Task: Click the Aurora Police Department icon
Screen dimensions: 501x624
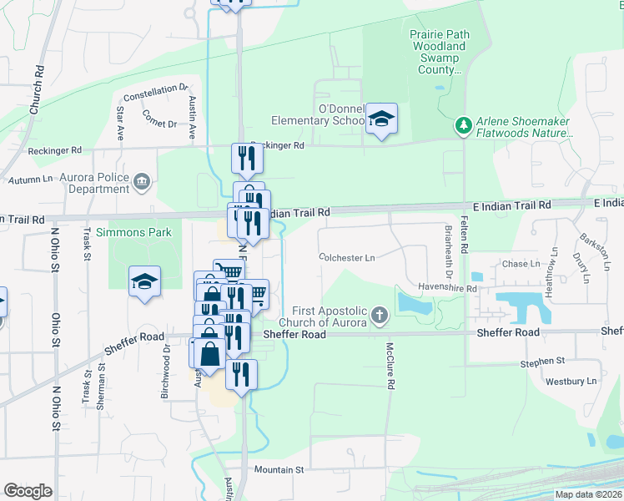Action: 142,180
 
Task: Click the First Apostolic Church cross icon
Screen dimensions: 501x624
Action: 380,315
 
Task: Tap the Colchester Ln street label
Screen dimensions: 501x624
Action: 346,258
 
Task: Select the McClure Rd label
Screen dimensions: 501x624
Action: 390,366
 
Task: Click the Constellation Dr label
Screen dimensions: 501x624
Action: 156,89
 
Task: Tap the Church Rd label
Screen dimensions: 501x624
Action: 38,89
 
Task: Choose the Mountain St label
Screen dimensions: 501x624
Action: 279,470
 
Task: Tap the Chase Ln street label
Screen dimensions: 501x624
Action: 521,264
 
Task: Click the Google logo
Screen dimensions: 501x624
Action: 28,491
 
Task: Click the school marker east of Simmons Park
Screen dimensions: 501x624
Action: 145,282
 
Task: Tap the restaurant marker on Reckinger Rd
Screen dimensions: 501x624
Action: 247,157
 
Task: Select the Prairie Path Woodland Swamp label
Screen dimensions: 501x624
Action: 440,53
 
